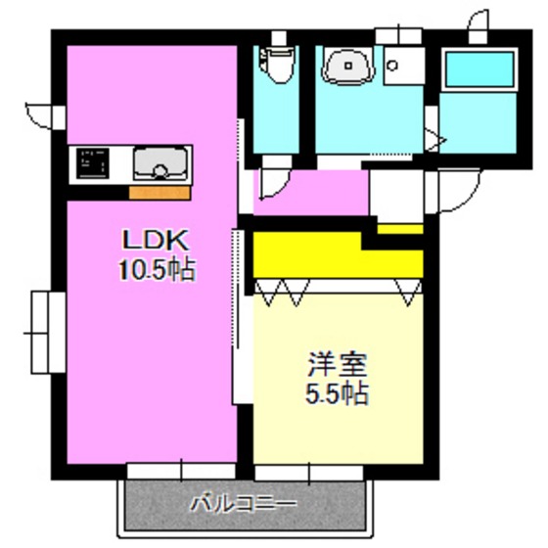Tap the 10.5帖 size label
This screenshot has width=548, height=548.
[153, 269]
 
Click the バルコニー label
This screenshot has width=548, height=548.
[243, 506]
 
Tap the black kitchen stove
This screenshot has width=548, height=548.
[93, 164]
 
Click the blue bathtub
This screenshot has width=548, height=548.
[479, 71]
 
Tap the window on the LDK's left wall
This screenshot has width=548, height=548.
[41, 332]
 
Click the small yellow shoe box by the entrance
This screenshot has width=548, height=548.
[399, 229]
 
